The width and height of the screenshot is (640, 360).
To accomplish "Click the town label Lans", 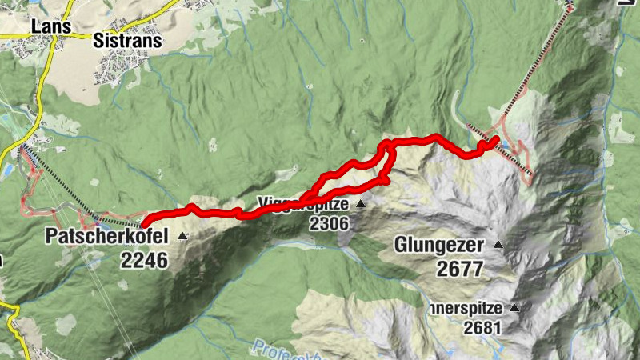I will click(46, 25).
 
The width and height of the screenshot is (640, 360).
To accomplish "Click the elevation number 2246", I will click(144, 260).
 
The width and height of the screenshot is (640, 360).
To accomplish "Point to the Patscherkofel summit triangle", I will click(183, 236).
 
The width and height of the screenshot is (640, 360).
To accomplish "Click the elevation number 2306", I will click(330, 225).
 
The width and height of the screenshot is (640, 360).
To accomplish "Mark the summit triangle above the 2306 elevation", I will click(360, 204).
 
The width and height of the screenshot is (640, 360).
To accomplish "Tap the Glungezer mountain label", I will click(439, 245).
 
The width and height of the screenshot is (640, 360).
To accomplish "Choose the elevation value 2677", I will click(460, 270).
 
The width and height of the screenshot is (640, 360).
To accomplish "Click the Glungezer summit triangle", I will click(498, 245).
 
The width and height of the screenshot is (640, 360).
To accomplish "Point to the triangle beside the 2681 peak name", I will click(514, 307).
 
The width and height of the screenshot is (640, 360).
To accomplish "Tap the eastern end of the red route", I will click(496, 139).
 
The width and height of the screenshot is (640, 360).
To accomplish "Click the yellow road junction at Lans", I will click(54, 36).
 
